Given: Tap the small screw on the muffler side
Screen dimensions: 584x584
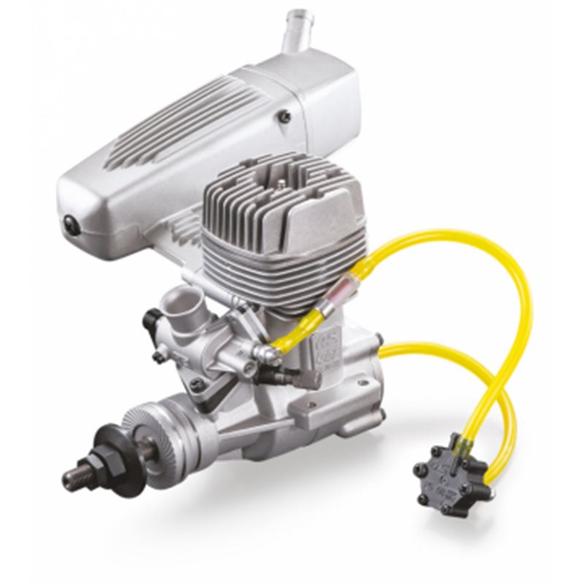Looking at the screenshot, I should click(x=285, y=115).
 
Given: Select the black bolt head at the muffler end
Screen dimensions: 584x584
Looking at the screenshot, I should click(x=70, y=225).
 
